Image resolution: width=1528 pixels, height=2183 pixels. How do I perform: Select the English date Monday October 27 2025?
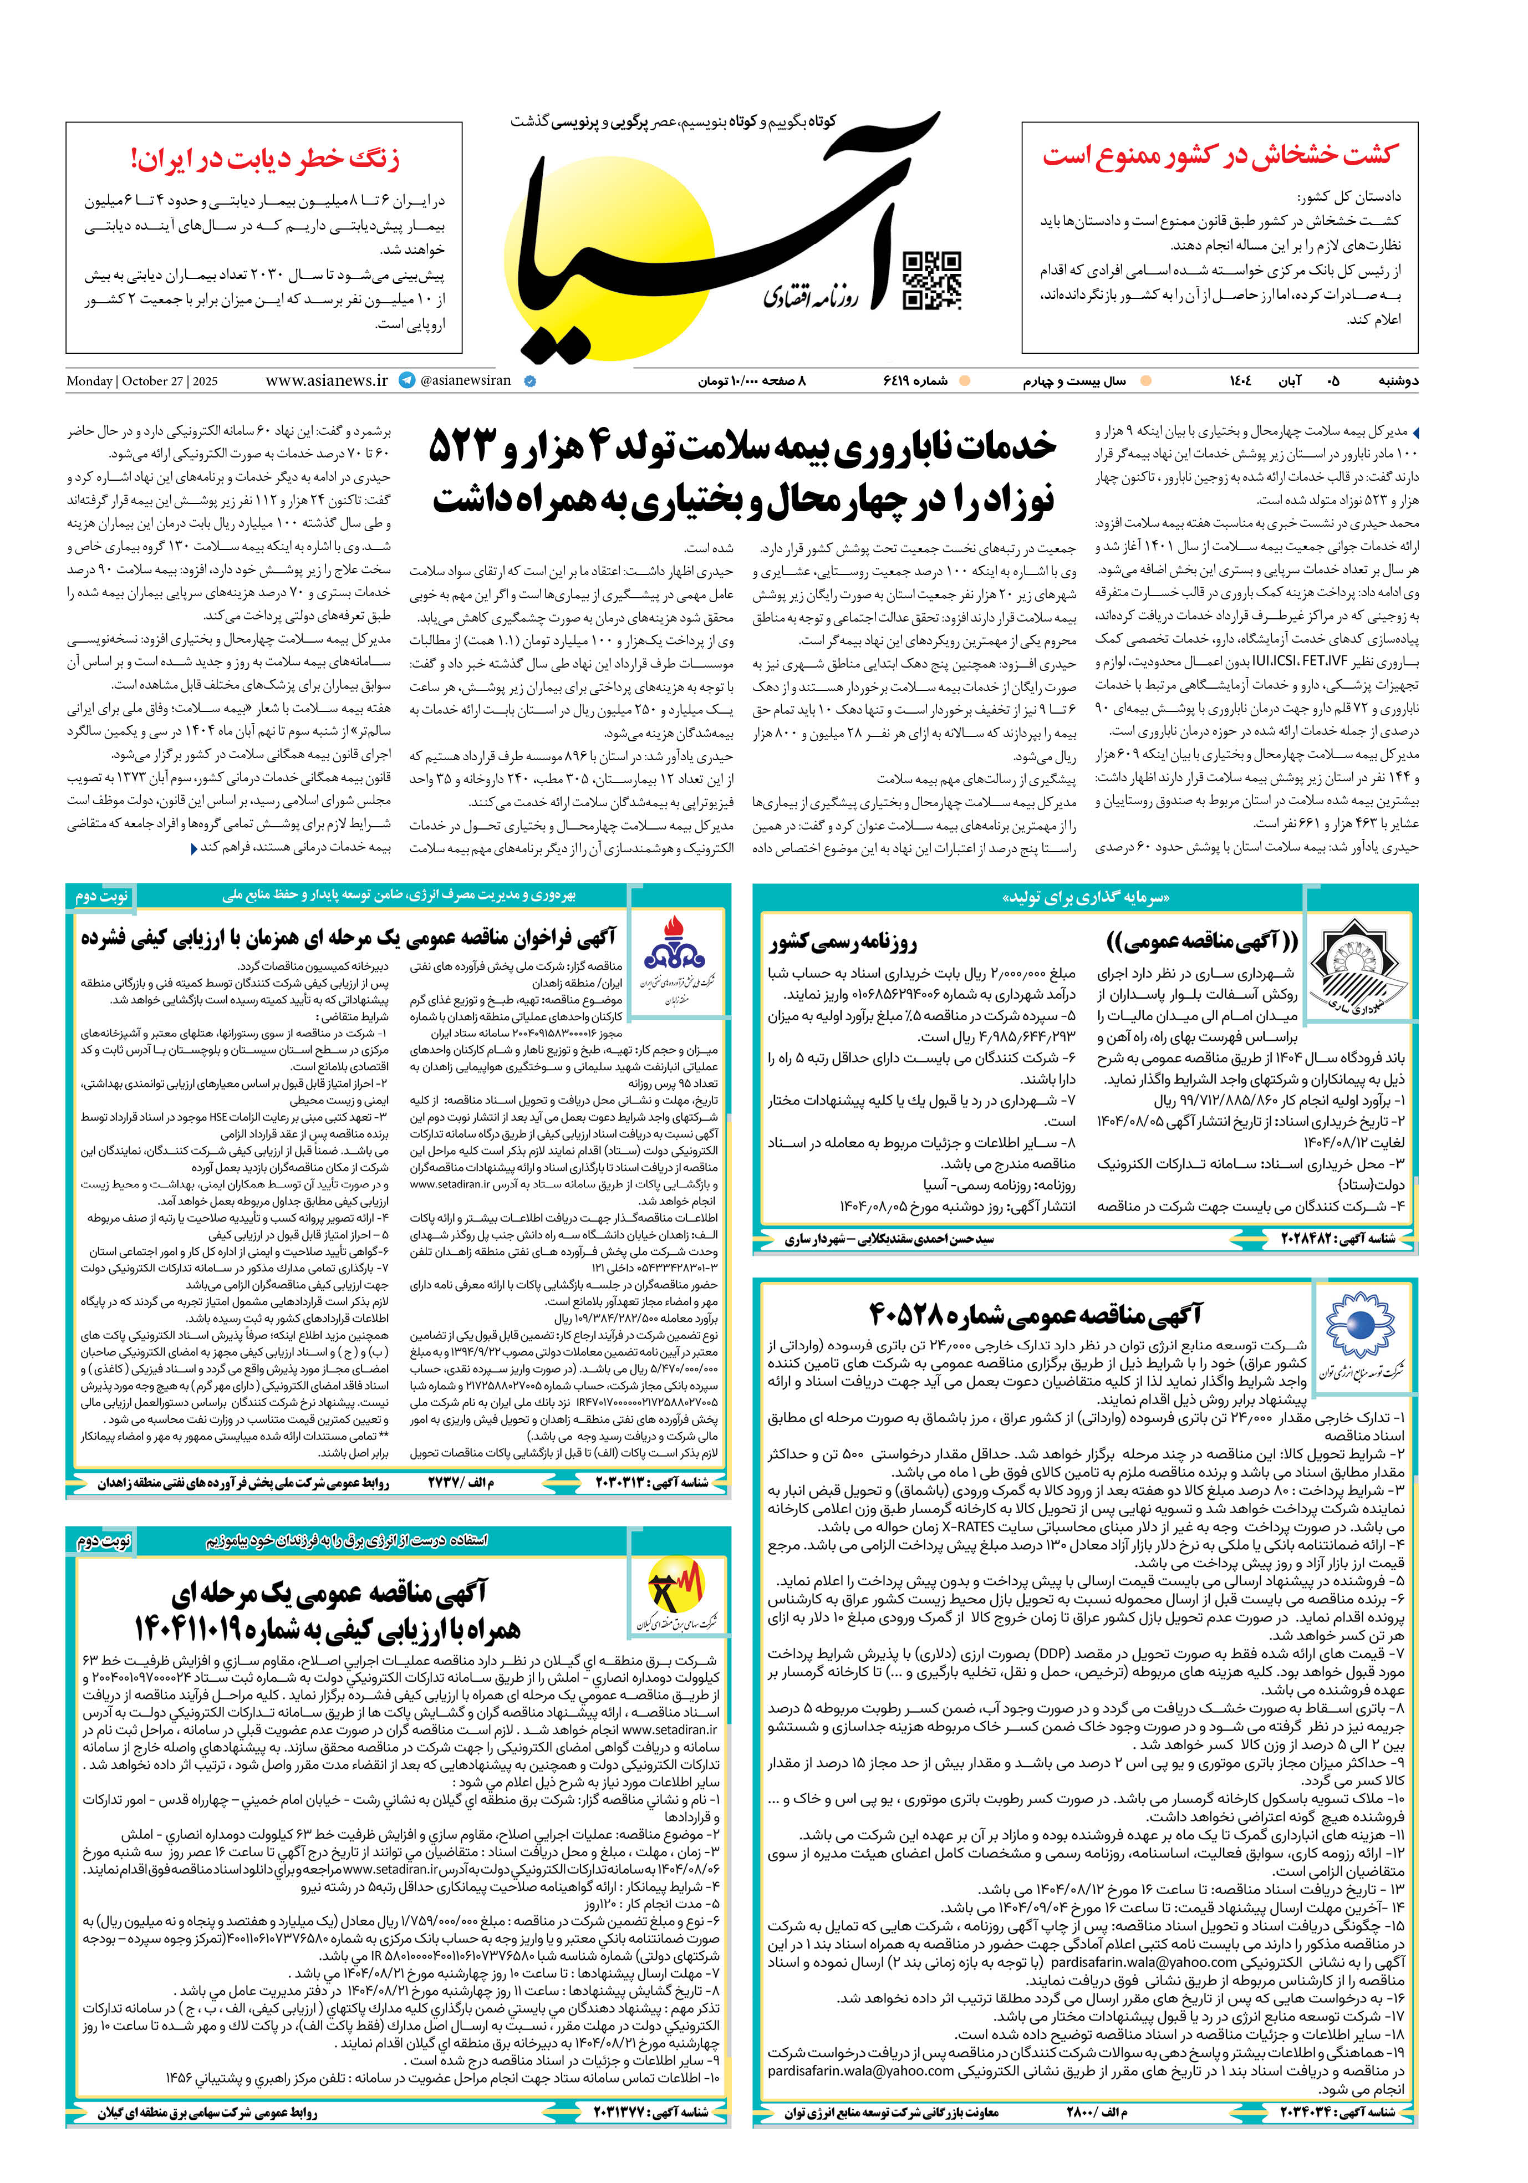tap(142, 382)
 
